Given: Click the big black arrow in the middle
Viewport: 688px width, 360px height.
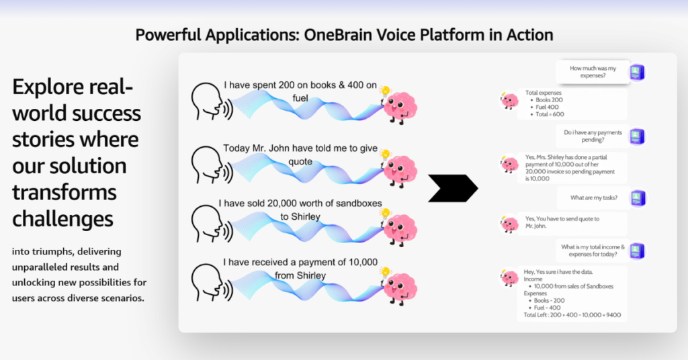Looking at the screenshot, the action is click(x=453, y=189).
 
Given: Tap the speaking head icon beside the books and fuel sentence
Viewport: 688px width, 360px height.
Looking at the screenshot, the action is click(x=212, y=101).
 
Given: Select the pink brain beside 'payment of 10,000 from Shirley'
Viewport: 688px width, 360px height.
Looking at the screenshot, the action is click(x=399, y=287).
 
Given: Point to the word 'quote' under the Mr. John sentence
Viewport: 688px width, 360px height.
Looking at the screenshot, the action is click(x=300, y=162).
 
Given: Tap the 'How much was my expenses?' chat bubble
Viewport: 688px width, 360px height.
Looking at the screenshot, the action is click(x=593, y=72).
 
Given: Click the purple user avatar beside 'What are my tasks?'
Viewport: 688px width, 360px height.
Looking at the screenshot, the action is click(x=637, y=198).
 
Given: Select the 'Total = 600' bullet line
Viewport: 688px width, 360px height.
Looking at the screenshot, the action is click(x=550, y=114).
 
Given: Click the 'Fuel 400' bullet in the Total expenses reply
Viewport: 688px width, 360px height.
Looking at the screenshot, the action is click(x=547, y=107).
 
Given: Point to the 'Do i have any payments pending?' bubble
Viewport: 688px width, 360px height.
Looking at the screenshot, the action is click(x=593, y=136).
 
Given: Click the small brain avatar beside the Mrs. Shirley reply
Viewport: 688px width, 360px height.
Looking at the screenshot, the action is click(x=509, y=164).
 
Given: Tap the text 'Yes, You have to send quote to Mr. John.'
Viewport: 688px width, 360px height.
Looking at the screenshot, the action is click(x=562, y=222).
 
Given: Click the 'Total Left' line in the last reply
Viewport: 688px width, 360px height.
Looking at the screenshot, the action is click(x=572, y=315).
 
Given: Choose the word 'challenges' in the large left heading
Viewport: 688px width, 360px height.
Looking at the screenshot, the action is click(x=62, y=218).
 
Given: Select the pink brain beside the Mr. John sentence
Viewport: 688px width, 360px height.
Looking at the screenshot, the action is click(x=399, y=169).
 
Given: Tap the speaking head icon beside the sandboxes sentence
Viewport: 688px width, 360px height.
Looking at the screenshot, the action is click(x=212, y=224).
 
